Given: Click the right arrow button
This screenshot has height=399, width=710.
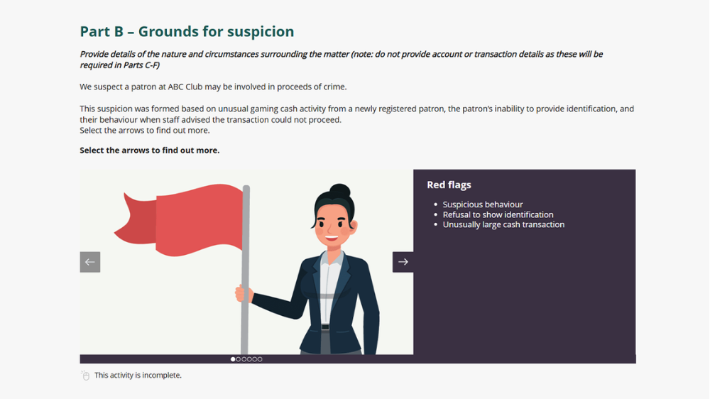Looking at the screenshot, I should click(x=403, y=262).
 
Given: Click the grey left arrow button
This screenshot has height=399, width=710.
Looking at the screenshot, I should click(x=90, y=262).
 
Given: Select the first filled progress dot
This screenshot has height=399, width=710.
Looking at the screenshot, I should click(x=233, y=359).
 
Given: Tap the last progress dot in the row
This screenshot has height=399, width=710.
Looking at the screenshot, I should click(x=260, y=359).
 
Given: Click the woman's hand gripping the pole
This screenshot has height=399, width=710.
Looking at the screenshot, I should click(x=244, y=293).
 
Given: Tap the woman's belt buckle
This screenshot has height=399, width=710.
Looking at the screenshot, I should click(x=325, y=327).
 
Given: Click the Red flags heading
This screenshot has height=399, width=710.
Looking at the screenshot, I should click(x=449, y=185).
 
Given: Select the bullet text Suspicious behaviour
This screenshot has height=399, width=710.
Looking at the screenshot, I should click(x=483, y=204).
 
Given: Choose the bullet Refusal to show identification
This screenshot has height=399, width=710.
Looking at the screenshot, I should click(x=498, y=214).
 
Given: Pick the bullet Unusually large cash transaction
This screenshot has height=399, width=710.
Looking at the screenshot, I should click(x=503, y=224).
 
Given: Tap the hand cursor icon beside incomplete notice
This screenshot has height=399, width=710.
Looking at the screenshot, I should click(x=85, y=375).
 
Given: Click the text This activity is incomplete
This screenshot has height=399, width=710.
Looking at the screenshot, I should click(x=138, y=375).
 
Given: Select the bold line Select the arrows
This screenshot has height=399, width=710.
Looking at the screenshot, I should click(x=149, y=150).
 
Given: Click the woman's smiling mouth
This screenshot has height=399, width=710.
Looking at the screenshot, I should click(x=330, y=239).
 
